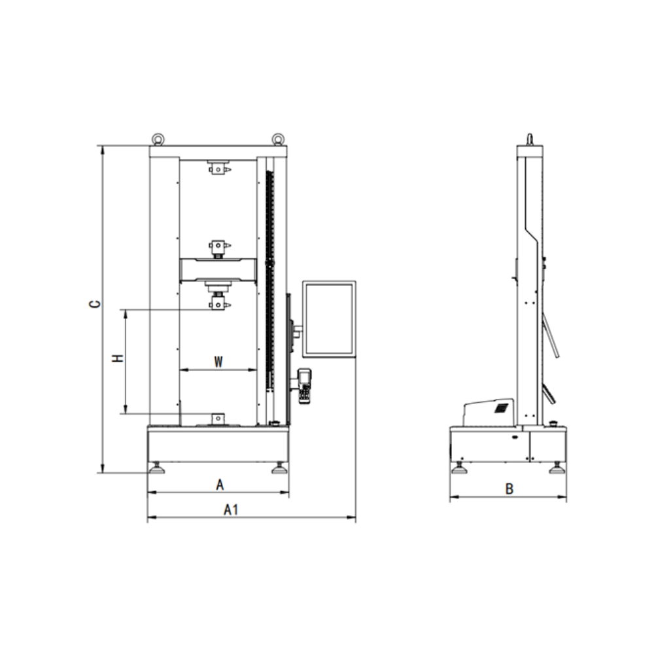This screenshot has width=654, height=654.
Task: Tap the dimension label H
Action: coord(118,358)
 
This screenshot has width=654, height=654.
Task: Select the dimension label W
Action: coord(218,362)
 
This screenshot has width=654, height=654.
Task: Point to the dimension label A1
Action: coord(231,509)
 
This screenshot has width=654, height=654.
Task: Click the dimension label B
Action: coord(509,489)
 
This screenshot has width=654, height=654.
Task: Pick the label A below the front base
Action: coord(220,485)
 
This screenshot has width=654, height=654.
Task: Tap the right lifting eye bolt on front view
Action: coord(277,139)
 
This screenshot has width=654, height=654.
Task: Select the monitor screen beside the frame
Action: coord(329,319)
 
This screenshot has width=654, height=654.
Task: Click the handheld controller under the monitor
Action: coord(305,386)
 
